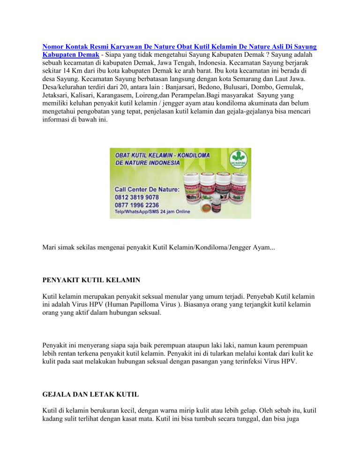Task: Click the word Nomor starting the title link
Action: [x=53, y=47]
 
